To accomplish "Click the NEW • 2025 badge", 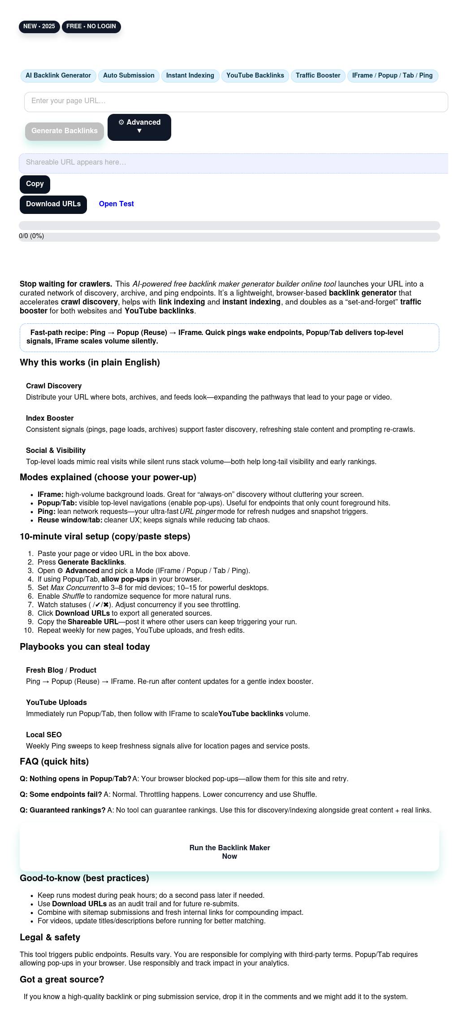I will pos(39,26).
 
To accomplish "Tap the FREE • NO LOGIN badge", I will pos(91,26).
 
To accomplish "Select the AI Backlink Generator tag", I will pos(58,75).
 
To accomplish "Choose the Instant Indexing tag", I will pos(190,75).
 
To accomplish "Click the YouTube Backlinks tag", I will pos(255,75).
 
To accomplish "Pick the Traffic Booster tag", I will pos(318,75).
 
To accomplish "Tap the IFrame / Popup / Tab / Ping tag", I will pos(392,75).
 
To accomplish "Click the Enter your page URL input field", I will pos(236,101).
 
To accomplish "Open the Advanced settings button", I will pos(139,127).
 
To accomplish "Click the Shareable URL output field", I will pos(233,163).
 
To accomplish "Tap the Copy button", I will pos(35,184).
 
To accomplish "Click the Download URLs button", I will pos(53,204).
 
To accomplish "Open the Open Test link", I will pos(116,204).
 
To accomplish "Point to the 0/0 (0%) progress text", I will pos(31,236).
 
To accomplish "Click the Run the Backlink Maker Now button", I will pos(229,852).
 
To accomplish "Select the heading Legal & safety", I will pos(50,937).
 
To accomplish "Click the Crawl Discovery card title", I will pos(54,386).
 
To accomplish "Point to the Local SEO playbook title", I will pos(44,735).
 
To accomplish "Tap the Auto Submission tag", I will pos(129,75).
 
